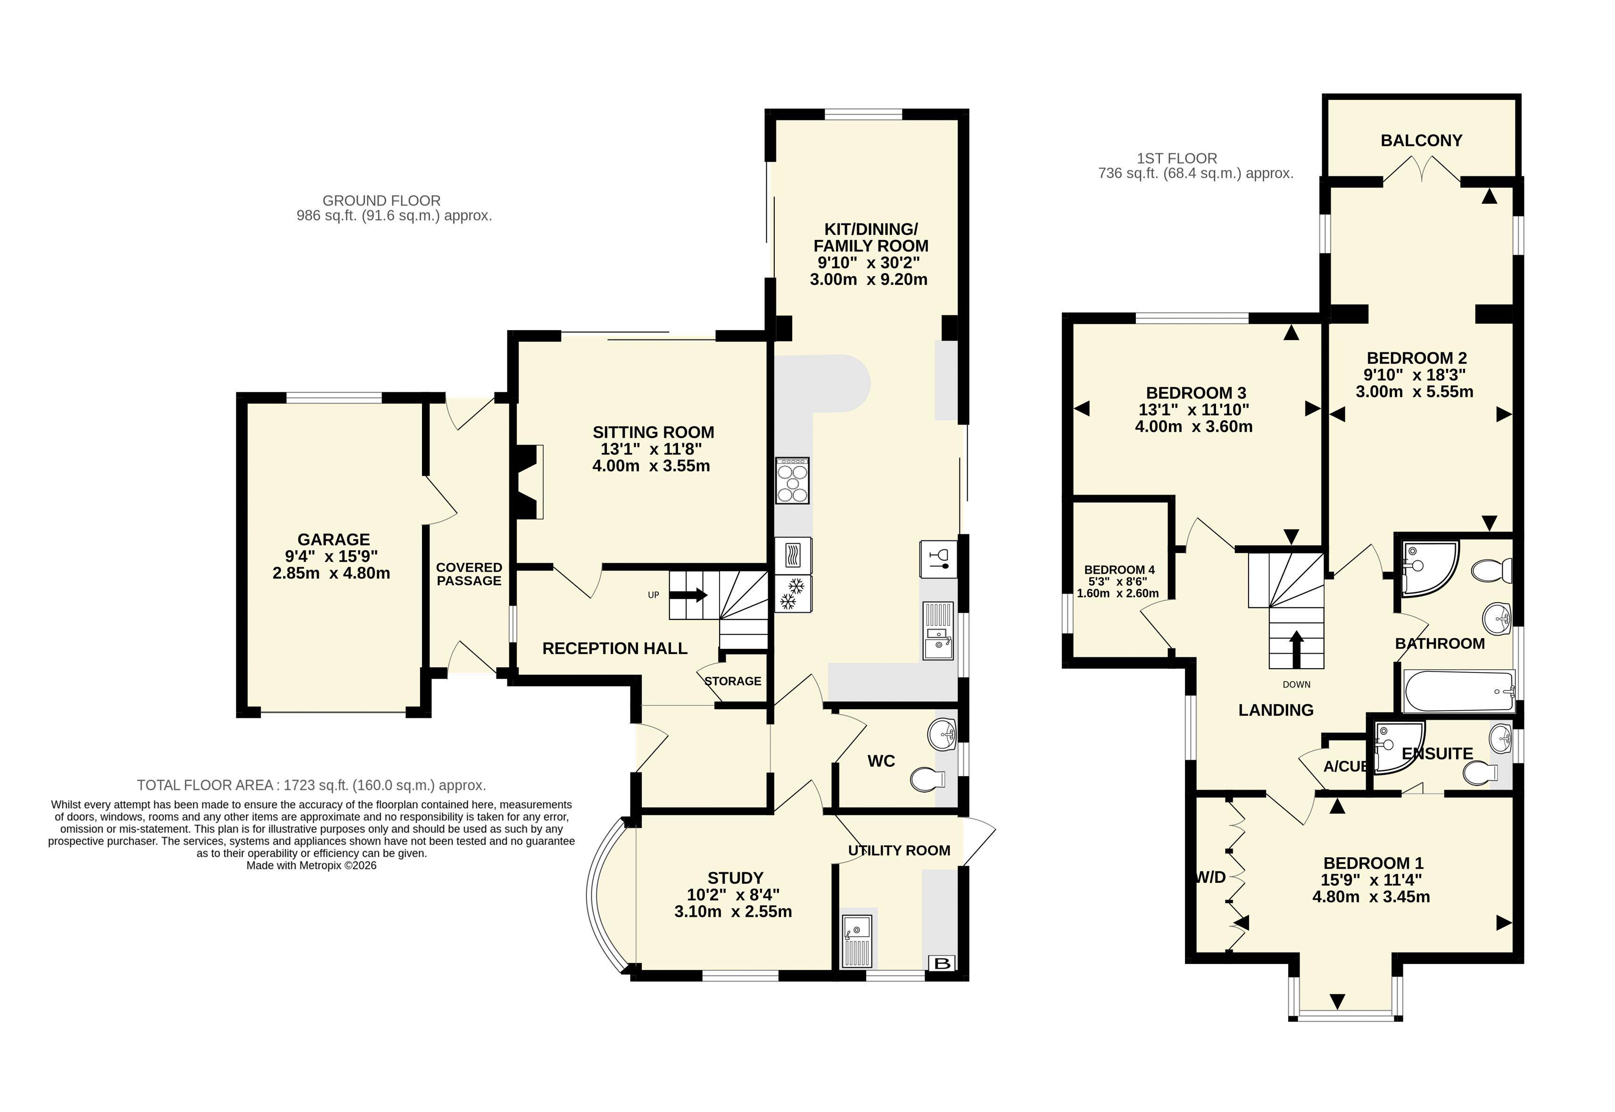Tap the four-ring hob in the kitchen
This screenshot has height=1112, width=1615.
792,481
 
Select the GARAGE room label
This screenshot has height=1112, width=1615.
334,539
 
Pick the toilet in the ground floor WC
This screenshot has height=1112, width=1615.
928,779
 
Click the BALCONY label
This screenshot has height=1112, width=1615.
1421,141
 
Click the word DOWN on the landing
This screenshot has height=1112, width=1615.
1297,684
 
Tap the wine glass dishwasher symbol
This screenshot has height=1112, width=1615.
938,559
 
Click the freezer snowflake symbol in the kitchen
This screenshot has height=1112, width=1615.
793,593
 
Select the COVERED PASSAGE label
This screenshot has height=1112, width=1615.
469,574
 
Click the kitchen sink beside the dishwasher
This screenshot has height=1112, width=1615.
938,631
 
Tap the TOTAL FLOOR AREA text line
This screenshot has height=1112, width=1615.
311,785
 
